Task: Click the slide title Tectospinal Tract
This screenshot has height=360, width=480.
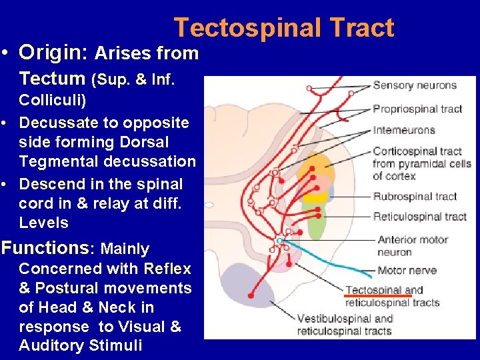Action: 284,28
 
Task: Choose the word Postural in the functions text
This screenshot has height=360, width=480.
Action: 66,288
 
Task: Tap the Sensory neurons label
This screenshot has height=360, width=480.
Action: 414,85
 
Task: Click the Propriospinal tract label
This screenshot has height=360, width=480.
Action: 417,109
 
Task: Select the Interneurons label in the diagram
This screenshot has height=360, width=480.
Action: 404,130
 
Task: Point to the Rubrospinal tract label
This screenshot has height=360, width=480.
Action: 415,196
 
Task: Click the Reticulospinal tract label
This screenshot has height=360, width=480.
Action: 419,216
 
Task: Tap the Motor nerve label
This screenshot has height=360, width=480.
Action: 407,271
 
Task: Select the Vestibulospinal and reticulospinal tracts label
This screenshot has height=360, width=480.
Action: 345,325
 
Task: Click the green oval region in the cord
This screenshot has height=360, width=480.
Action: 313,220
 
